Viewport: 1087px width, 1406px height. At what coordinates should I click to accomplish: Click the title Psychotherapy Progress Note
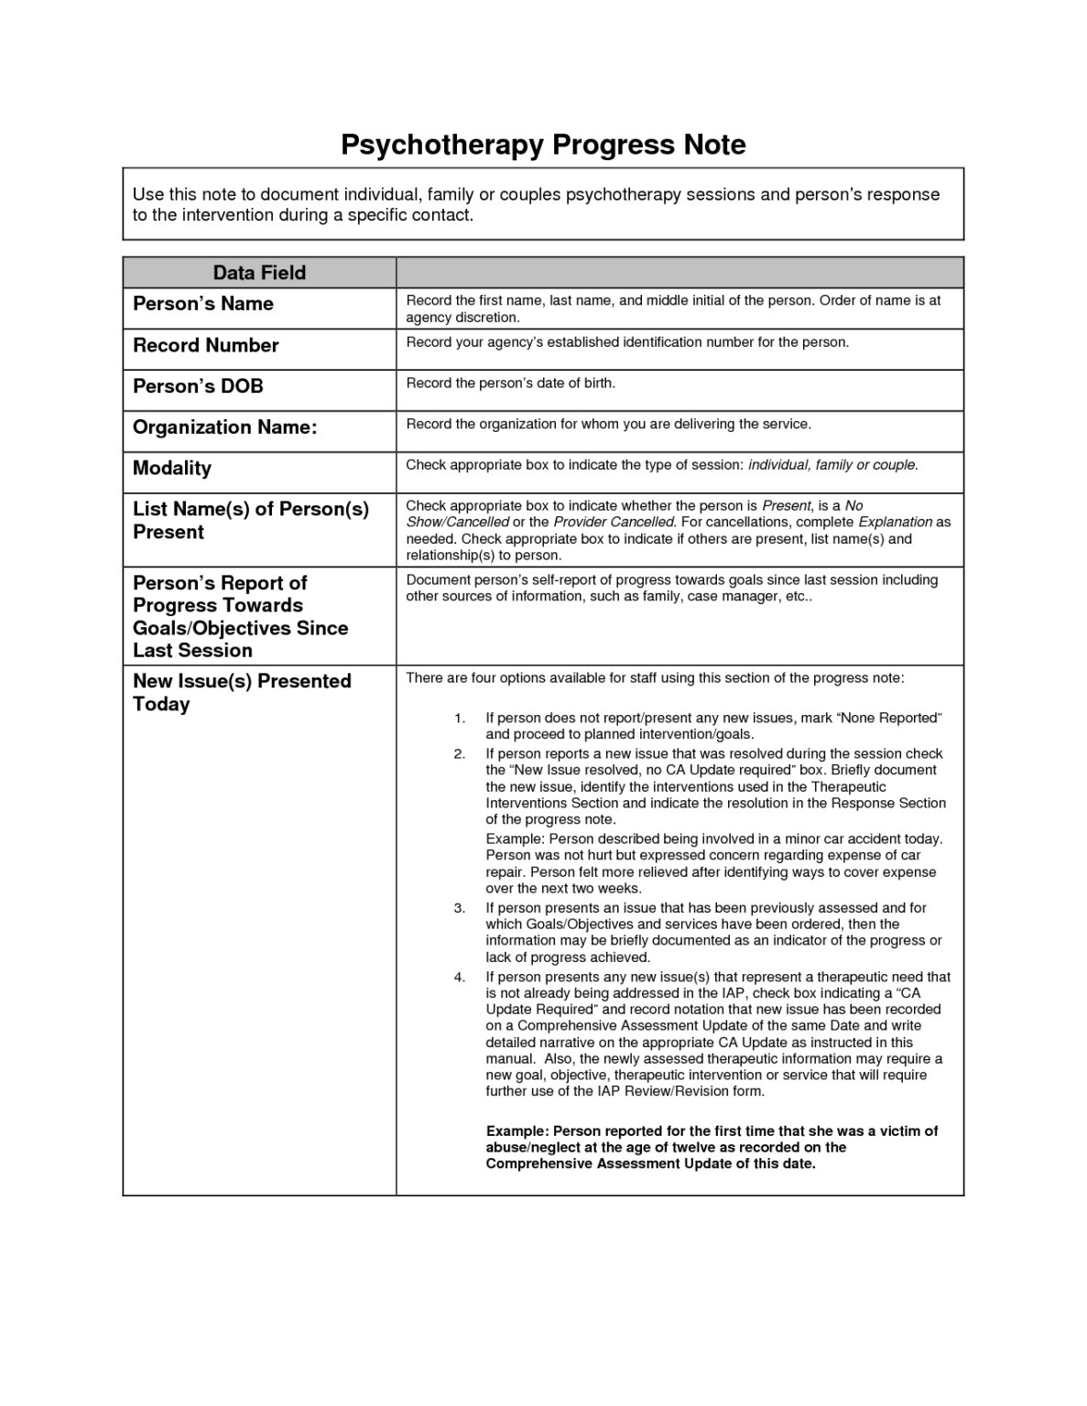click(543, 145)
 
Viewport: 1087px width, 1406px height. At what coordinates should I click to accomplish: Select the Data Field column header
click(259, 273)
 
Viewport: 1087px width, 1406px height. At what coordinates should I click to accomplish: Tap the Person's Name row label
click(203, 304)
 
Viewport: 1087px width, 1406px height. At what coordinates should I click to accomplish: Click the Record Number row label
click(206, 345)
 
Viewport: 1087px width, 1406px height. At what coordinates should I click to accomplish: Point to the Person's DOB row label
click(198, 386)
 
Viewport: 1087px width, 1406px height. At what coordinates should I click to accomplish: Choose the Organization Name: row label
click(225, 427)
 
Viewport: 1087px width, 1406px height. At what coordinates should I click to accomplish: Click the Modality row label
click(172, 468)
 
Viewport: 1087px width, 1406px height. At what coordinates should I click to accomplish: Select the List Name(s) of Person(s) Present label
click(250, 520)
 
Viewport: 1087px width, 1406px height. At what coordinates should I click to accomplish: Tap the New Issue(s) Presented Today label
click(242, 692)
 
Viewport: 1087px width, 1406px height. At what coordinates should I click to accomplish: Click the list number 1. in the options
click(460, 718)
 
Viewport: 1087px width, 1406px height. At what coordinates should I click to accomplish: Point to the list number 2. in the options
click(460, 753)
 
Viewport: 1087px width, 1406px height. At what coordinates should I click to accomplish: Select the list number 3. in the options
click(460, 908)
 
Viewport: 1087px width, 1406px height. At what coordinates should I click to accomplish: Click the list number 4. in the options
click(460, 977)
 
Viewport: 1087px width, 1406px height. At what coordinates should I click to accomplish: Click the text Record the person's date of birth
click(510, 383)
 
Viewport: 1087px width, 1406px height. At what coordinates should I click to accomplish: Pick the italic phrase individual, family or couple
click(832, 465)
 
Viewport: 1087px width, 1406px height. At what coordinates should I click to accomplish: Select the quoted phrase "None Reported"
click(889, 718)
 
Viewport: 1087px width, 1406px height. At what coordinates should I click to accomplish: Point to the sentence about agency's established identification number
click(627, 342)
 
